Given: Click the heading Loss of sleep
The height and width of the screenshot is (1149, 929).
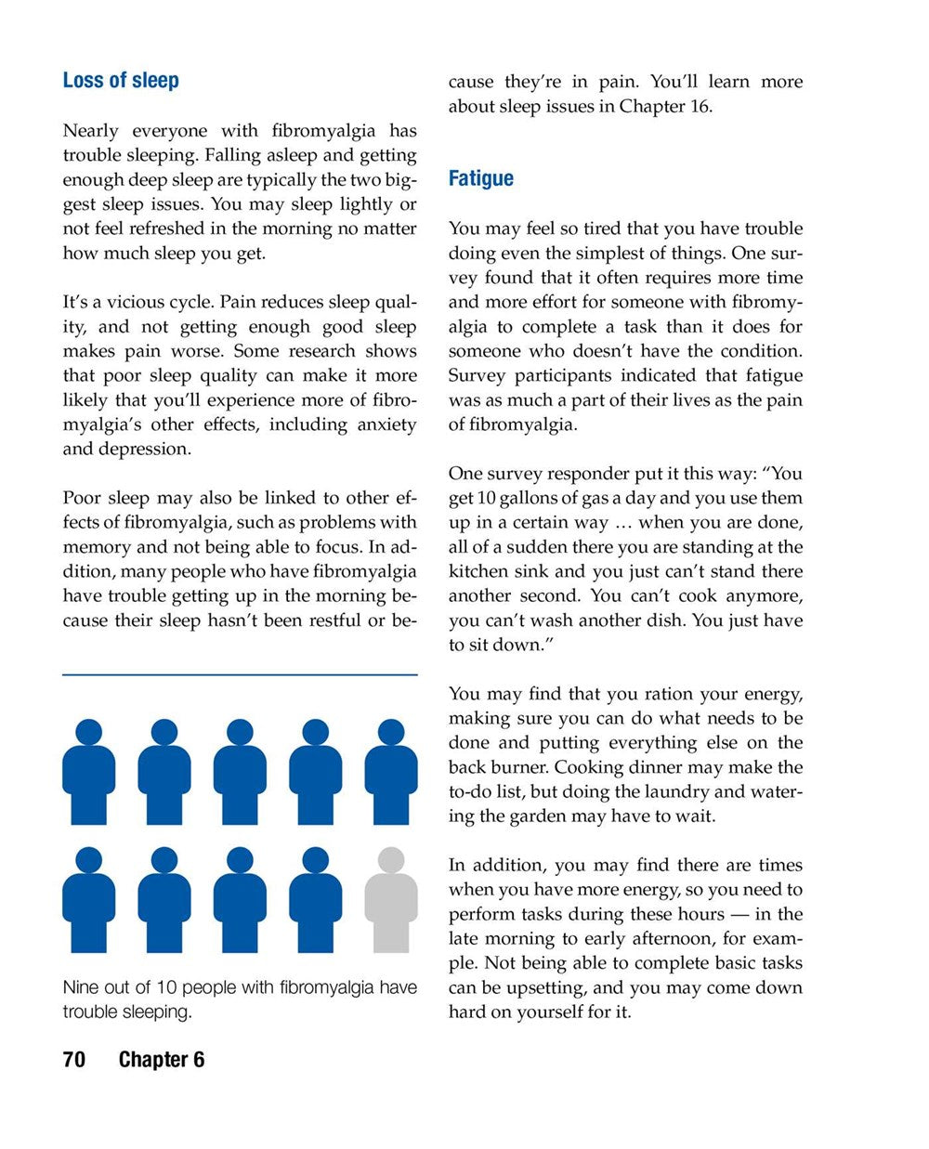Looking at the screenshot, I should coord(121,81).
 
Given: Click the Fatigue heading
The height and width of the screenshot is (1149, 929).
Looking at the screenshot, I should coord(480,178).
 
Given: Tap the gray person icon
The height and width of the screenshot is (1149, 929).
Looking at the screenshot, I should coord(391,901).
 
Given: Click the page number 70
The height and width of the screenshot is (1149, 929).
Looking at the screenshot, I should coord(74,1060).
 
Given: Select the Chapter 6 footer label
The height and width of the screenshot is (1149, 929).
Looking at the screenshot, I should coord(162,1060).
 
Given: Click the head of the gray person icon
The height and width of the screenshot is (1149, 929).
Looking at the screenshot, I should coord(391,859).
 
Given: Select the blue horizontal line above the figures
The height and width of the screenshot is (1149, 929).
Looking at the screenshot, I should coord(240,674).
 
